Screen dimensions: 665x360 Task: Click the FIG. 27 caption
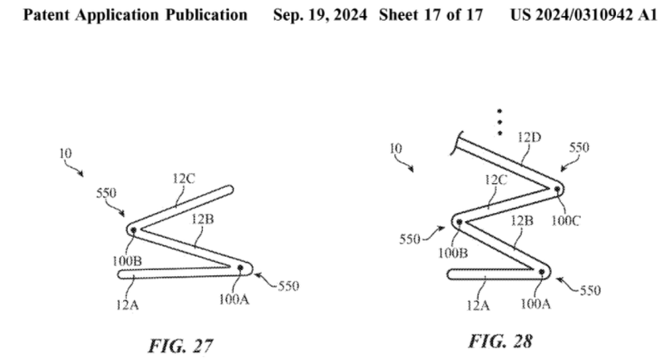click(180, 346)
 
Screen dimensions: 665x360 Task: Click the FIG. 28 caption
click(500, 341)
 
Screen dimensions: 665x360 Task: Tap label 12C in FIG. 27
click(184, 179)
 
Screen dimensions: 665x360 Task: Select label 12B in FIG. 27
click(202, 219)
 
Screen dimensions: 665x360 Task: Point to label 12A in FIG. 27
click(128, 304)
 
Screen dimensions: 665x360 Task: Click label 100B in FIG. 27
click(127, 261)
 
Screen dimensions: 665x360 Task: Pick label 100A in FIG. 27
click(234, 300)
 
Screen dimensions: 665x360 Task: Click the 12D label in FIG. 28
click(530, 137)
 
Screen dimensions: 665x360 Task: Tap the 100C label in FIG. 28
click(565, 220)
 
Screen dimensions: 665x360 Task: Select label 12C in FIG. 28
click(495, 180)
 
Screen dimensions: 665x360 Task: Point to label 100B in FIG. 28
click(453, 254)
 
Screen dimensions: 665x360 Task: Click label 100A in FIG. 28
click(535, 304)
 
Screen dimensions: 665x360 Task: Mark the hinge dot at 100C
click(557, 189)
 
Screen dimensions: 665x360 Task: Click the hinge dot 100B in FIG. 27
click(133, 230)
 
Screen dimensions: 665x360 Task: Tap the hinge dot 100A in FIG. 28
click(542, 272)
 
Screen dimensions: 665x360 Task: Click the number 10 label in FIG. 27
click(66, 154)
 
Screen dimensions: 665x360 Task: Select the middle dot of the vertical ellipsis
click(500, 122)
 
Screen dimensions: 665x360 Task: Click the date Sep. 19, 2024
click(320, 15)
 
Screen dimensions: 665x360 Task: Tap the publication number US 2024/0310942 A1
click(584, 15)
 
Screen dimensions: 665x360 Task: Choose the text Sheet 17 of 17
click(431, 15)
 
